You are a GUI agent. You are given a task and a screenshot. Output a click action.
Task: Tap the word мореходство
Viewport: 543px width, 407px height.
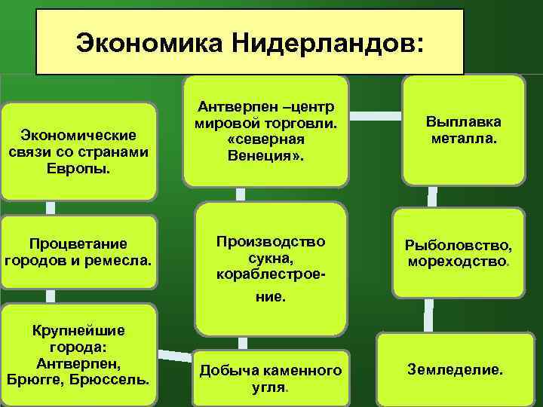(459, 262)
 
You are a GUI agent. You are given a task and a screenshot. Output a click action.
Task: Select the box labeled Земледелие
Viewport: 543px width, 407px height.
(455, 370)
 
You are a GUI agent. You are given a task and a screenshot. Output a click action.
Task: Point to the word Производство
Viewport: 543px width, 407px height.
(270, 241)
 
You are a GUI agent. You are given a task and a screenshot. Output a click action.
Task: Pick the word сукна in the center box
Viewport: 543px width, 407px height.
(270, 259)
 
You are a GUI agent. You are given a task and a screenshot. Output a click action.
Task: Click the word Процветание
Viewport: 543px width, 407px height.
(78, 244)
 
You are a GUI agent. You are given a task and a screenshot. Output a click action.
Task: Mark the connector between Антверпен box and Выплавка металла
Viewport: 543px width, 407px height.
(376, 116)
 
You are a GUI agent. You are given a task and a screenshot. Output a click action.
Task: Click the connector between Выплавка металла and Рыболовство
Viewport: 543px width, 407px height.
(432, 197)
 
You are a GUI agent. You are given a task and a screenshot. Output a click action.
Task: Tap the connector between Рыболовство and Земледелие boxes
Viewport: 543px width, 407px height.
(428, 315)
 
